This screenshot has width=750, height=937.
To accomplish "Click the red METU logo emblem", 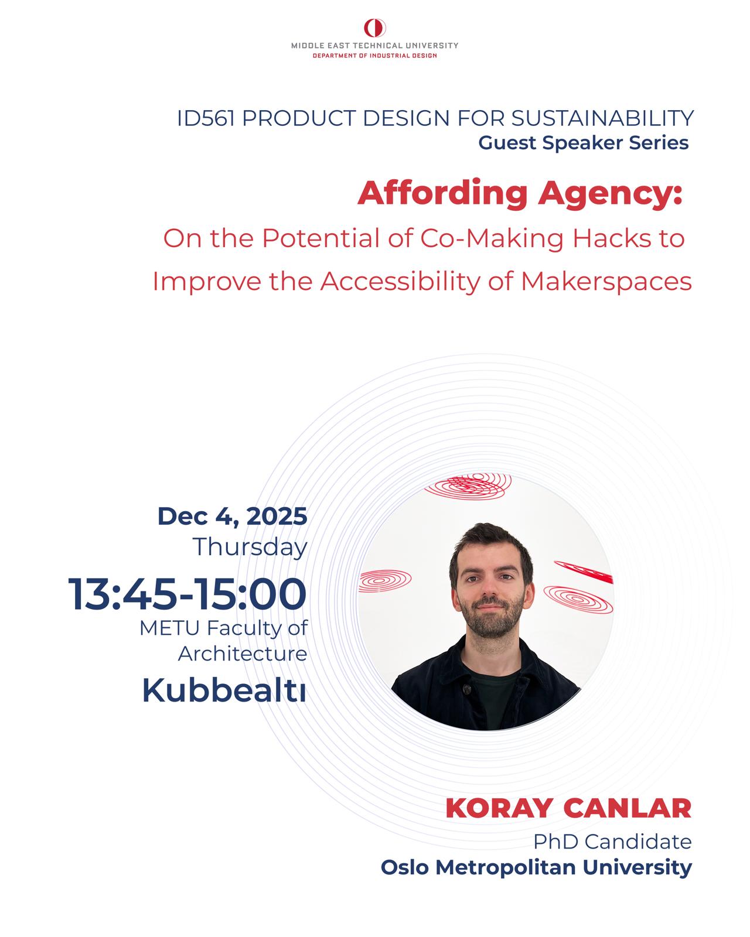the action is coord(375,28).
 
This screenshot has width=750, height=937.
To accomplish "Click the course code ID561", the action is coord(206,118).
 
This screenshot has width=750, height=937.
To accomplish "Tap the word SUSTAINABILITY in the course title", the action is coord(602,118).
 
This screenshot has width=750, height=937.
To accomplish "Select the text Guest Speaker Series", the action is coord(584,143).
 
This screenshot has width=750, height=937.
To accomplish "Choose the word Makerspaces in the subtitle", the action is coord(606,282).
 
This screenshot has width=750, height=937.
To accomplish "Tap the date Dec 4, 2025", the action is coord(232,517).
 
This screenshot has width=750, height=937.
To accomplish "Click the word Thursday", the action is coord(250,547).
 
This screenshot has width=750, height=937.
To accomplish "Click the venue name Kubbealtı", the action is coord(224,690).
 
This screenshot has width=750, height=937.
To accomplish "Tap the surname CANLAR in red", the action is coord(627,809).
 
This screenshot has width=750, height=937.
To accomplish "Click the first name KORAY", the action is coord(499,809).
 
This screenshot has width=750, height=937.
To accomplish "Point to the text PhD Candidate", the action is coord(612,842).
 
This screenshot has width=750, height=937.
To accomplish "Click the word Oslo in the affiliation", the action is coord(405,867).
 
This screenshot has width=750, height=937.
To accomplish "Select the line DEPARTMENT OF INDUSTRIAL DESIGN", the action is coord(375,56).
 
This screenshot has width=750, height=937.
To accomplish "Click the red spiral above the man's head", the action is coord(468,485).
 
